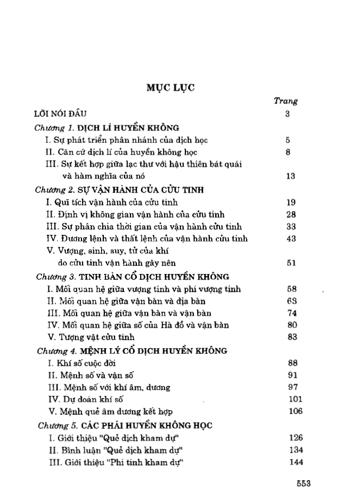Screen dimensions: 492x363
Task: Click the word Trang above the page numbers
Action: pyautogui.click(x=285, y=100)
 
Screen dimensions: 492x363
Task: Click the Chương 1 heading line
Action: pyautogui.click(x=107, y=127)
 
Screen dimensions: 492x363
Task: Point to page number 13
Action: pyautogui.click(x=289, y=176)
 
